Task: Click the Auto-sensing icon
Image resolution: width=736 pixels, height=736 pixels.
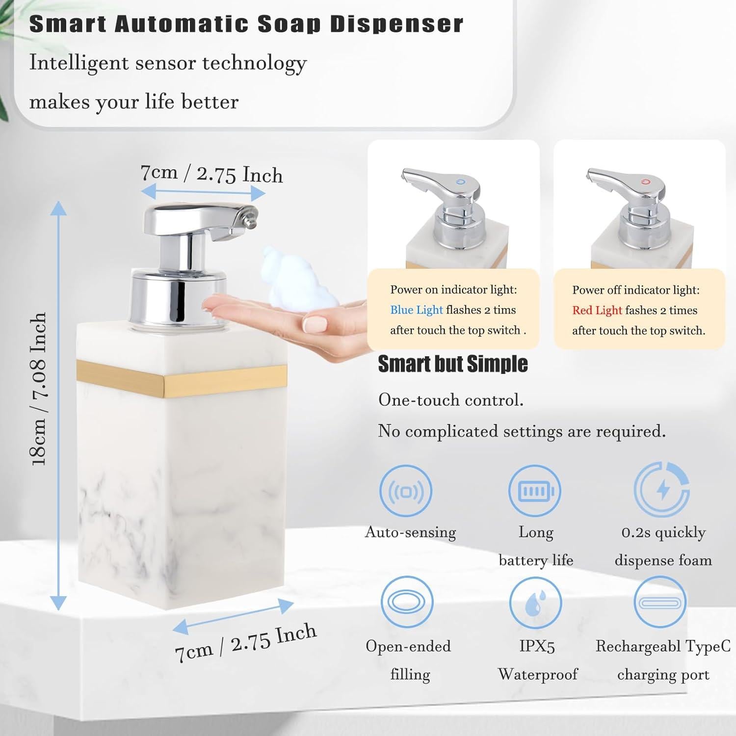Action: [x=406, y=491]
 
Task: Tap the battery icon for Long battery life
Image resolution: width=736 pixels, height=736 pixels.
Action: [x=534, y=491]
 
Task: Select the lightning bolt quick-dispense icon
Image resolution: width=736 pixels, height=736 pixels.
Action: [x=662, y=489]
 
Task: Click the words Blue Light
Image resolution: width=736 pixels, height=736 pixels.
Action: [x=416, y=310]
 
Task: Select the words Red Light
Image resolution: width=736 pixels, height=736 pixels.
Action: [x=597, y=311]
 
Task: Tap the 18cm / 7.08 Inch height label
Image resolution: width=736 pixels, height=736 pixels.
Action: [x=39, y=389]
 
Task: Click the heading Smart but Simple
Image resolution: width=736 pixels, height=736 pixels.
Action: [x=452, y=364]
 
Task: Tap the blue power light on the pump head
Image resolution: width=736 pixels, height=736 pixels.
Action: [x=459, y=182]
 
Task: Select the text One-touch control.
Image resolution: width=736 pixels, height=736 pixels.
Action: [x=450, y=400]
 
